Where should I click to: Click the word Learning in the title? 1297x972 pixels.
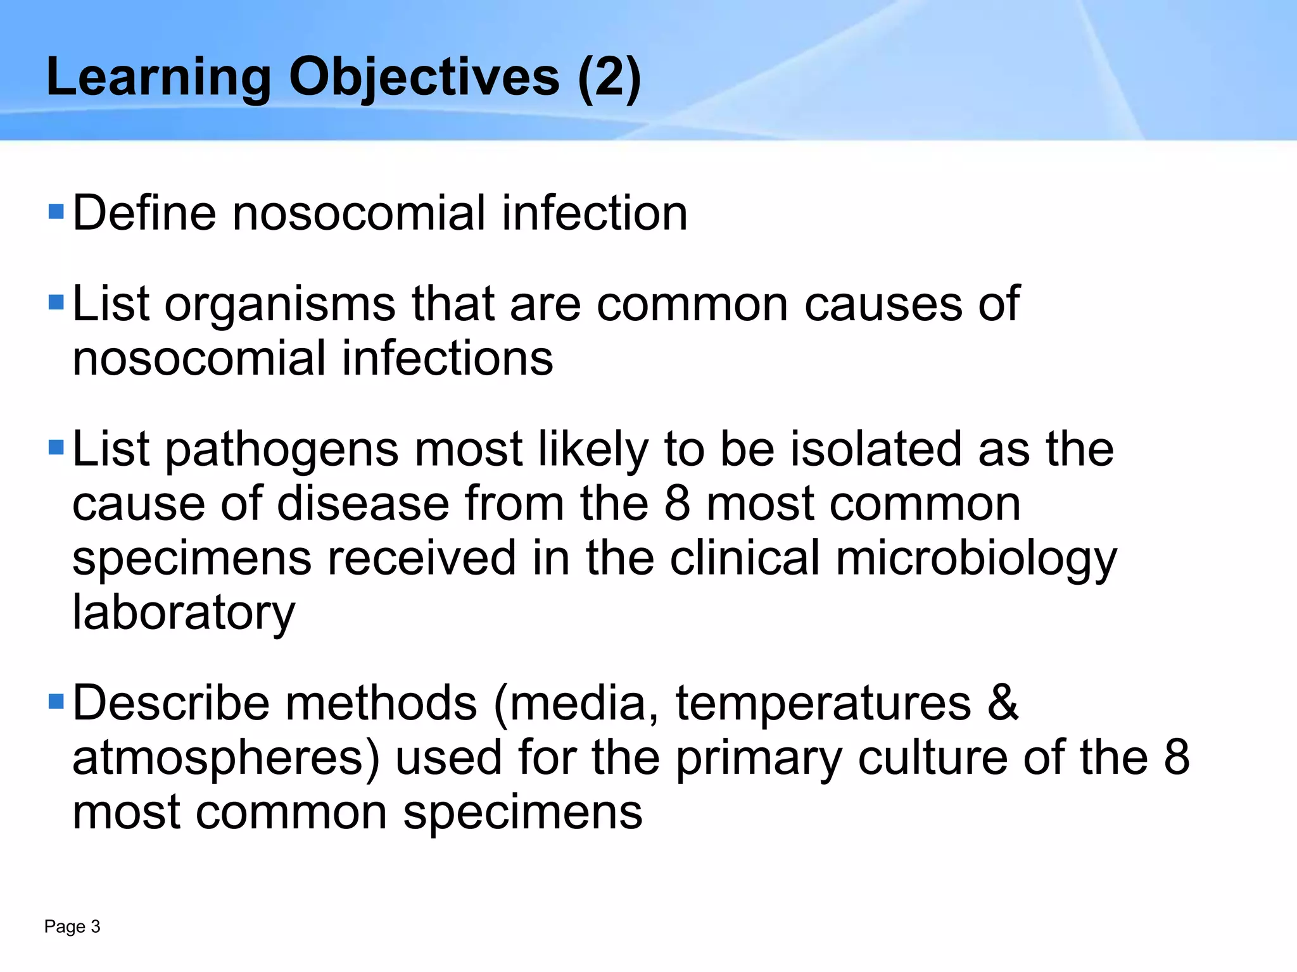tap(159, 77)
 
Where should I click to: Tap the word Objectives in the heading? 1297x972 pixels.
tap(424, 77)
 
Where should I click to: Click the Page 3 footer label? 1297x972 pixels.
tap(72, 927)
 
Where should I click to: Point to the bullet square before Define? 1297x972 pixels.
tap(56, 211)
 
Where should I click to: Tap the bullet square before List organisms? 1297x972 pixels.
tap(56, 302)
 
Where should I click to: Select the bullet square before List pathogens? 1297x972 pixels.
tap(56, 448)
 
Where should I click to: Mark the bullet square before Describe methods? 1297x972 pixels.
tap(56, 702)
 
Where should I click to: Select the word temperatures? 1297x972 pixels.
tap(823, 704)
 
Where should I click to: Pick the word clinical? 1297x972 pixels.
tap(745, 559)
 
